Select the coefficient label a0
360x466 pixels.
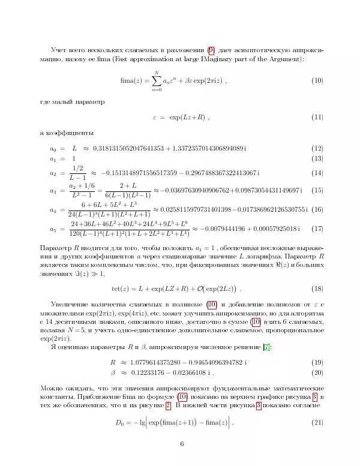pos(52,148)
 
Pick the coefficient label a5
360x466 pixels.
pos(52,229)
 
